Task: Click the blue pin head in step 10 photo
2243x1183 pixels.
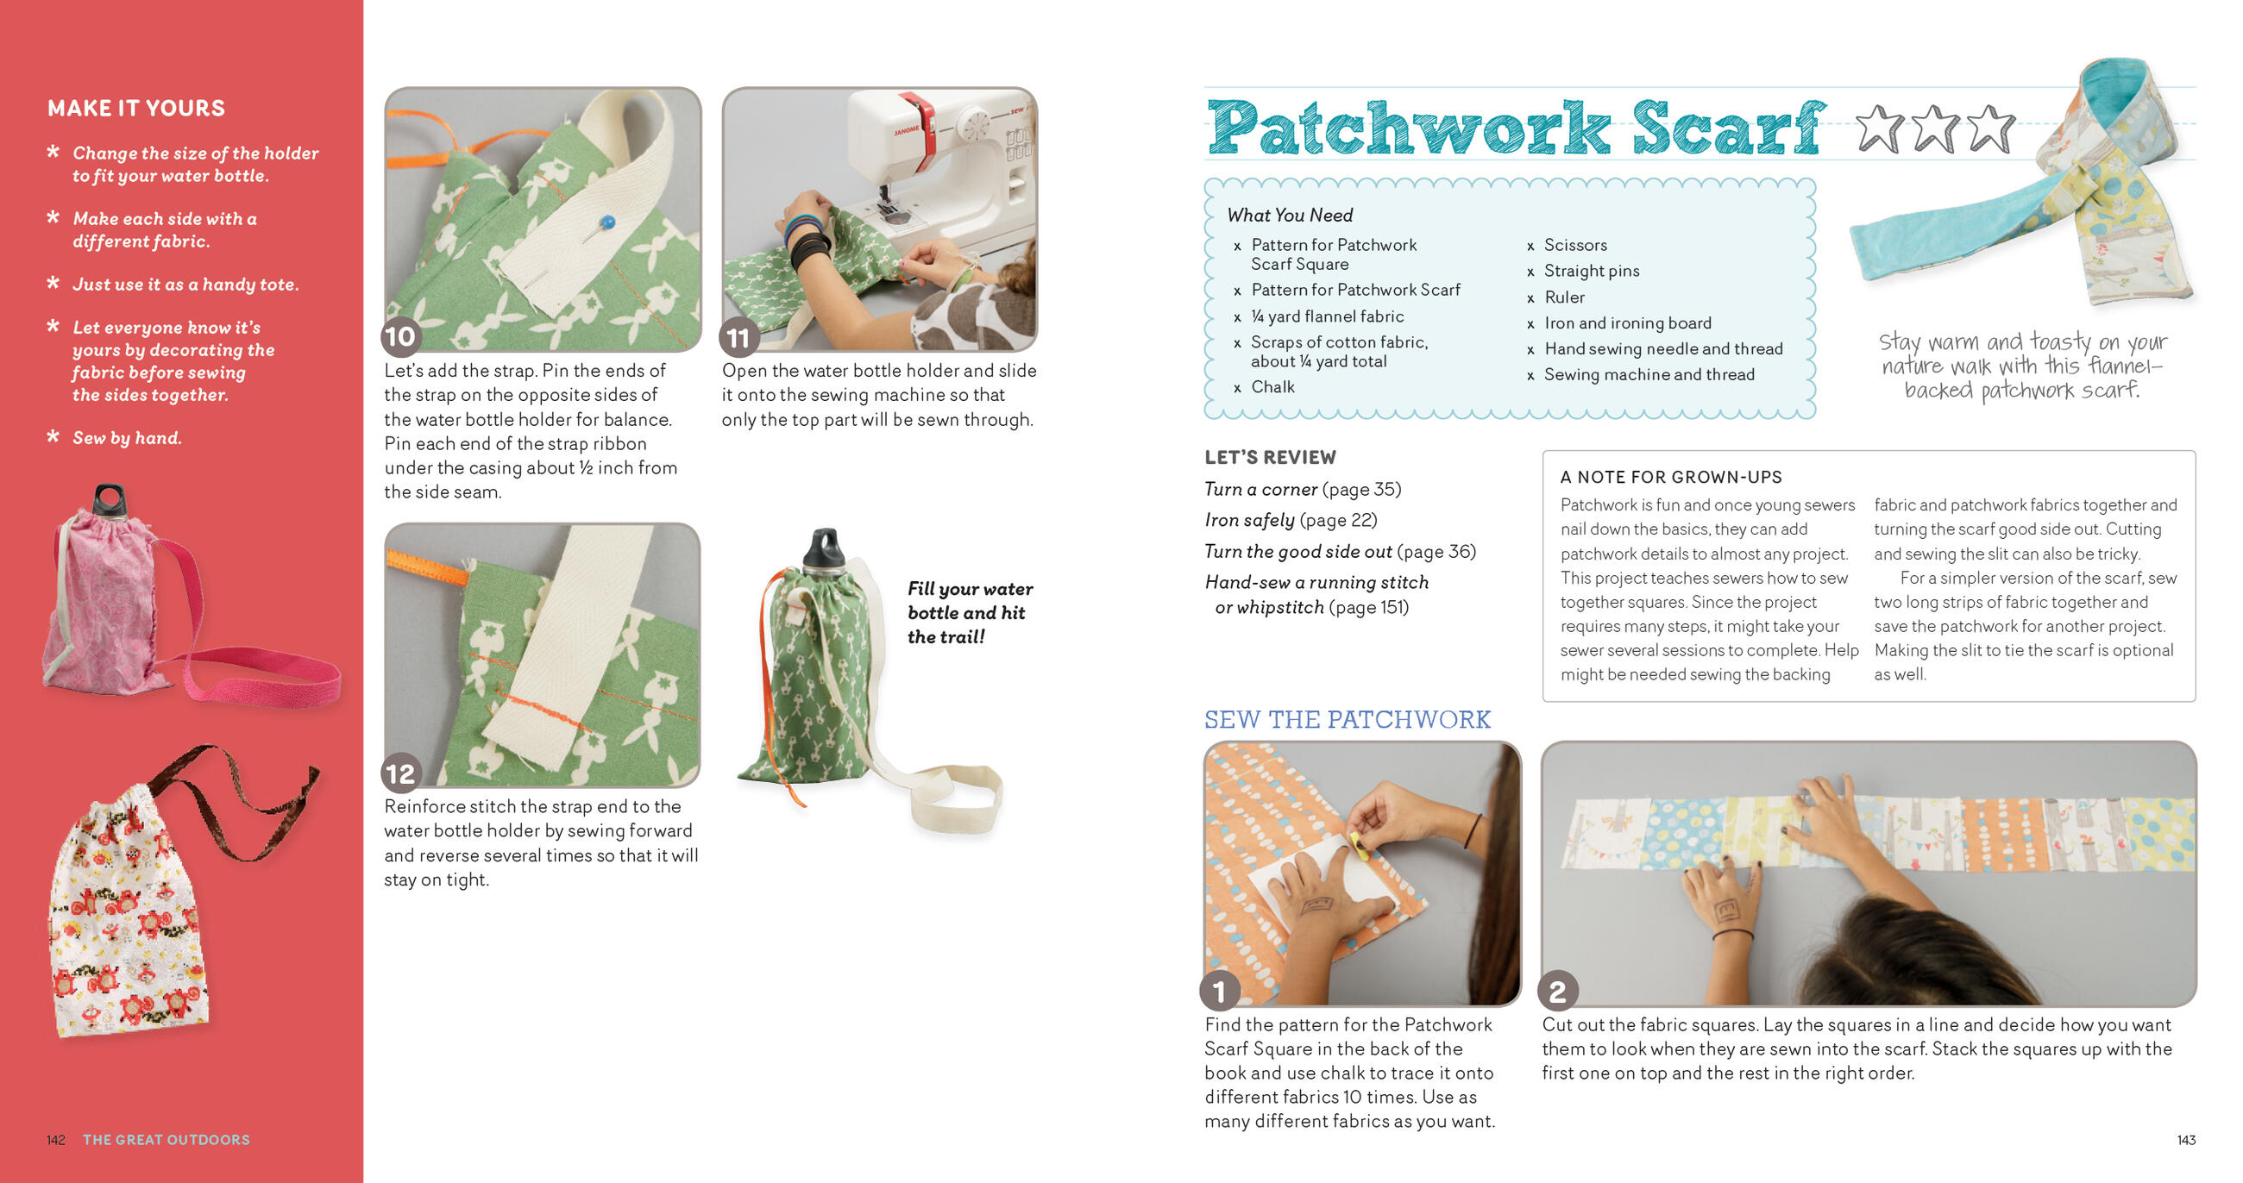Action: (x=608, y=222)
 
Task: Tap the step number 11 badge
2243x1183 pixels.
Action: (x=738, y=338)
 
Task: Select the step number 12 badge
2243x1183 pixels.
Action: (x=400, y=773)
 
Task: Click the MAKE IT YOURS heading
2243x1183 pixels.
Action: (x=135, y=108)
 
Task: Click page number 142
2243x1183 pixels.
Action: (x=56, y=1140)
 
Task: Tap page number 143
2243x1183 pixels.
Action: (x=2185, y=1140)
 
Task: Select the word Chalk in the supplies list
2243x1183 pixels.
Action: (x=1272, y=386)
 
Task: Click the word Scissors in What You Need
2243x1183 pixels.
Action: (x=1575, y=245)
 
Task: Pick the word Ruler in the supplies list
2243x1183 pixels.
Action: (x=1564, y=297)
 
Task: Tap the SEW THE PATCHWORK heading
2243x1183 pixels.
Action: (x=1346, y=719)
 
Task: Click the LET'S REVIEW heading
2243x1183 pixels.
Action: (x=1270, y=457)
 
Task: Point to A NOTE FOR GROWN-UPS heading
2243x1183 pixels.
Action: (x=1670, y=477)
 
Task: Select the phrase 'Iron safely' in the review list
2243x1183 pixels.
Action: (x=1248, y=520)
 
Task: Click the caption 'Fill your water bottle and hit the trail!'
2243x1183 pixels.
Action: (x=969, y=612)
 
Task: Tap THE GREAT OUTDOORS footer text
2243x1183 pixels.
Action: (x=166, y=1140)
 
